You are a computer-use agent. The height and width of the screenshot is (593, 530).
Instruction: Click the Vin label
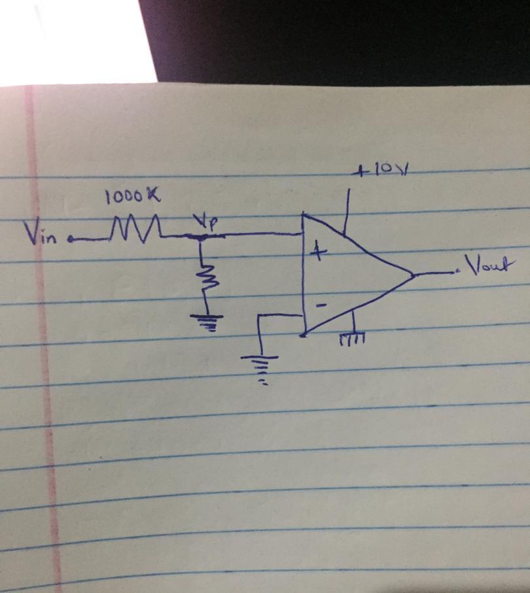[41, 233]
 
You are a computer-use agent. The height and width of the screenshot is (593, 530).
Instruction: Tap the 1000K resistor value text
[133, 196]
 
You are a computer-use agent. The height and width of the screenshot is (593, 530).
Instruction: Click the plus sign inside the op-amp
[318, 252]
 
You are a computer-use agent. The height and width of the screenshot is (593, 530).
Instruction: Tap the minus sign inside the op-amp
[321, 305]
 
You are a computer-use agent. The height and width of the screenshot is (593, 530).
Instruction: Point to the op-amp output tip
[414, 275]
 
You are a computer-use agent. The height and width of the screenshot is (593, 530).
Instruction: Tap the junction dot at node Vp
[202, 237]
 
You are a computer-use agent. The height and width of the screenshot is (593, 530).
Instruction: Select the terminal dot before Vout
[459, 271]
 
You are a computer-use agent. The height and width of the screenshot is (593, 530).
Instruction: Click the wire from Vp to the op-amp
[252, 235]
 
